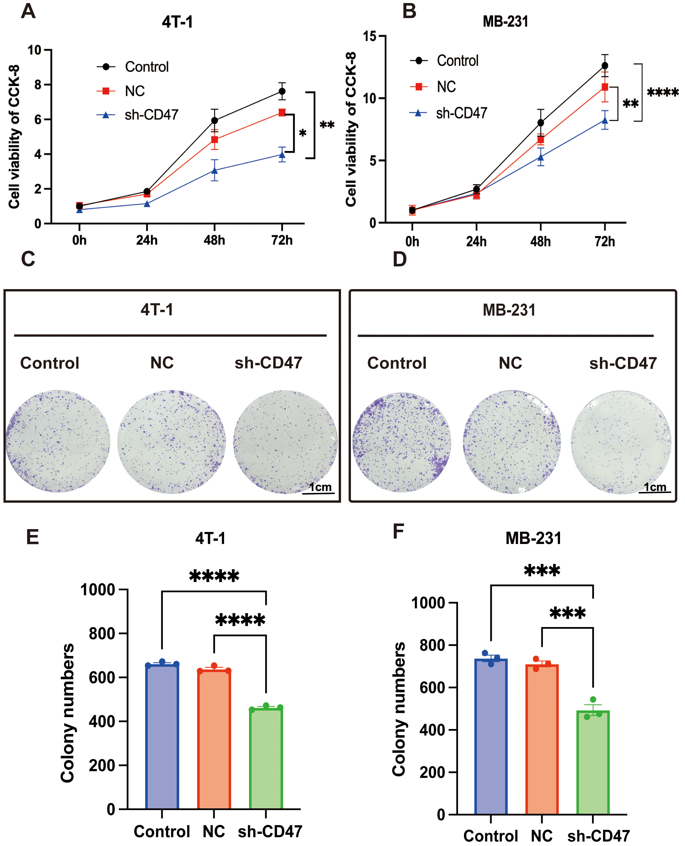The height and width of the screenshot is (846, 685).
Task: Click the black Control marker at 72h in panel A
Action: (x=282, y=91)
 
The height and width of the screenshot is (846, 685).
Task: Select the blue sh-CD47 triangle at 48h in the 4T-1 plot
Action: (x=215, y=170)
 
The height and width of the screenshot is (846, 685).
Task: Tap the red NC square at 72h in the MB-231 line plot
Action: (x=604, y=87)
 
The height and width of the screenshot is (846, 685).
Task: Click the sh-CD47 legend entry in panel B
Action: (x=461, y=113)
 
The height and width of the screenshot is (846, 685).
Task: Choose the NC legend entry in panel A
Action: (x=135, y=91)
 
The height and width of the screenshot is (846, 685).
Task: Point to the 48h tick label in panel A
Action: (x=214, y=240)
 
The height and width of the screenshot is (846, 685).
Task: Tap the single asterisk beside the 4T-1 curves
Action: (x=303, y=134)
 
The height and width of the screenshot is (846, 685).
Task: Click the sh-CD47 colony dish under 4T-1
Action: (x=285, y=442)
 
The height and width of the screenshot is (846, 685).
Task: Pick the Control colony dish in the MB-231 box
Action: (x=401, y=442)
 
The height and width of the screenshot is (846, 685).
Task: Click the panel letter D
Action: (x=400, y=259)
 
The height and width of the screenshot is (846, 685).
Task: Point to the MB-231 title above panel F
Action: (x=533, y=538)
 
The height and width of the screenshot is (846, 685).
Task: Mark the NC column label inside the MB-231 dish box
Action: (x=510, y=363)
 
